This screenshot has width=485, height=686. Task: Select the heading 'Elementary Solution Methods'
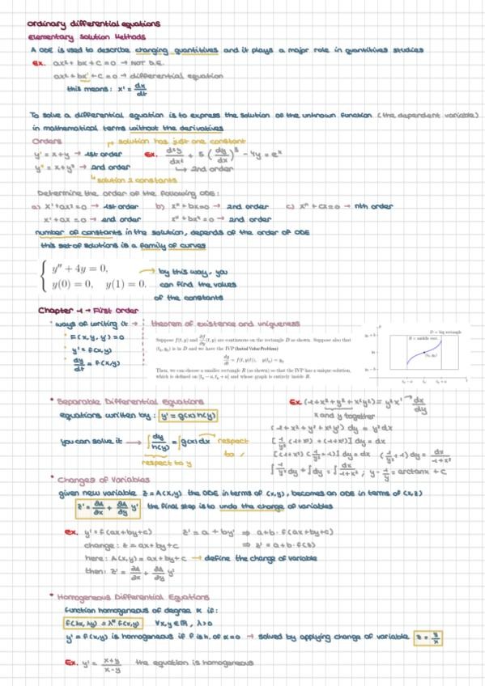tap(76, 37)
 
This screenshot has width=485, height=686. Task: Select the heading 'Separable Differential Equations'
tap(126, 401)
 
